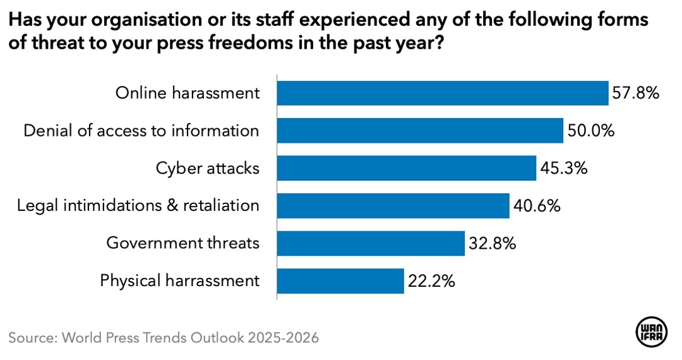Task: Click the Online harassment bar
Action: [x=443, y=93]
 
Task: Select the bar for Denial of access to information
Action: [x=421, y=131]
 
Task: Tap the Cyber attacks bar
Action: [x=407, y=168]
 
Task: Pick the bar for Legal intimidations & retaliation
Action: [x=393, y=206]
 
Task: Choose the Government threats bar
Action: [x=371, y=243]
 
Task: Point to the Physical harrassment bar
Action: [x=341, y=280]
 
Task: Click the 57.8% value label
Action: [x=635, y=93]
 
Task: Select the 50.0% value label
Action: [x=590, y=131]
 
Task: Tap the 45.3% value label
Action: [x=563, y=169]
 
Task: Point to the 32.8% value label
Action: [x=492, y=243]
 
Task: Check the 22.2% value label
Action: [x=431, y=281]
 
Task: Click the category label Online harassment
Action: [x=188, y=93]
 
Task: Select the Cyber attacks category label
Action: [x=208, y=169]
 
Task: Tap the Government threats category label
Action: [x=183, y=243]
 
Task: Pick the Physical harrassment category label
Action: [x=180, y=281]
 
